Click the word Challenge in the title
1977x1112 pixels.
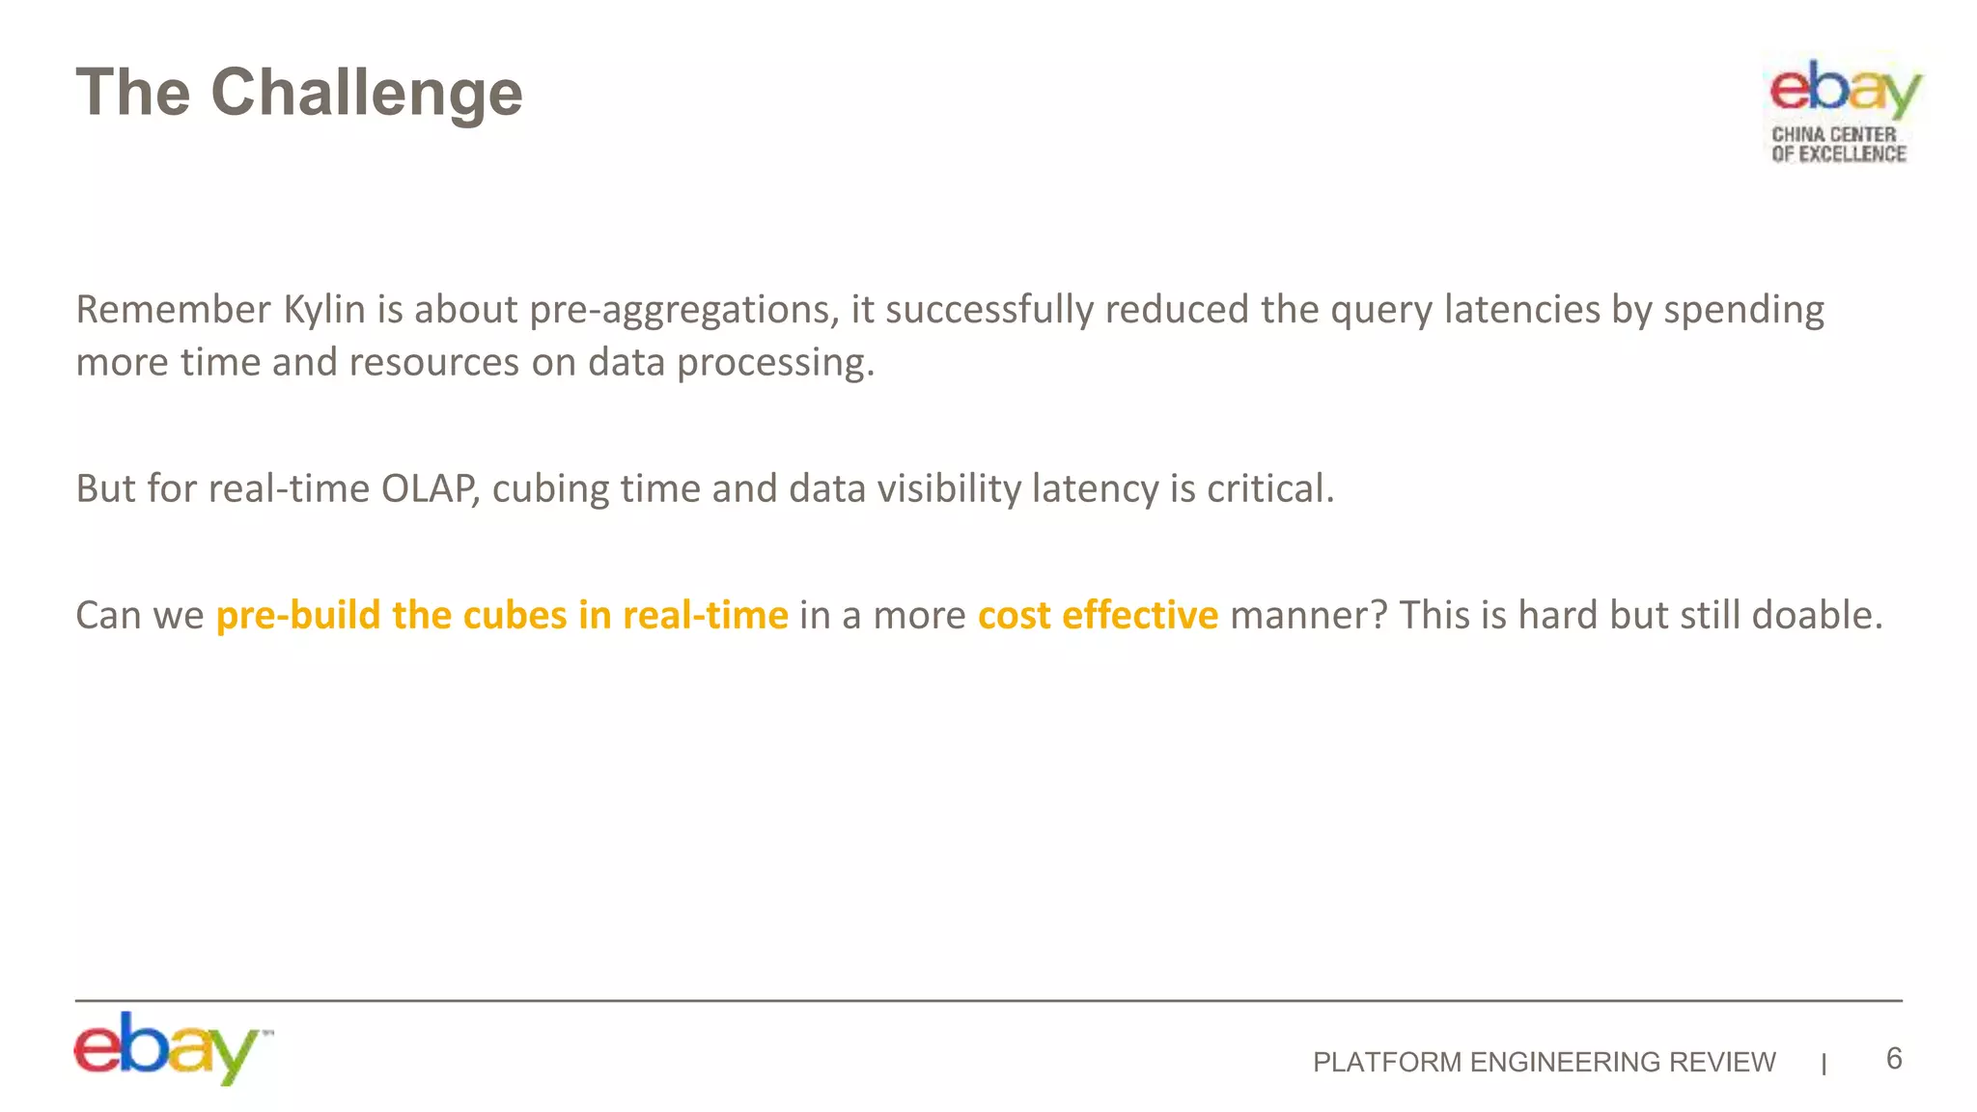point(367,94)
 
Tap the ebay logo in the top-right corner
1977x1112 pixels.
point(1844,89)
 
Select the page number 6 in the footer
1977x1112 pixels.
point(1894,1059)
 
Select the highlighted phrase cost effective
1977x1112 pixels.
point(1098,615)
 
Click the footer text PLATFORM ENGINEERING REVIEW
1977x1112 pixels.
point(1544,1062)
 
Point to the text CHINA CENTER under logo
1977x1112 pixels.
point(1833,134)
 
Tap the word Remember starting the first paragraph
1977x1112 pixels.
point(173,310)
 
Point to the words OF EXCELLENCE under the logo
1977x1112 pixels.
point(1838,153)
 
